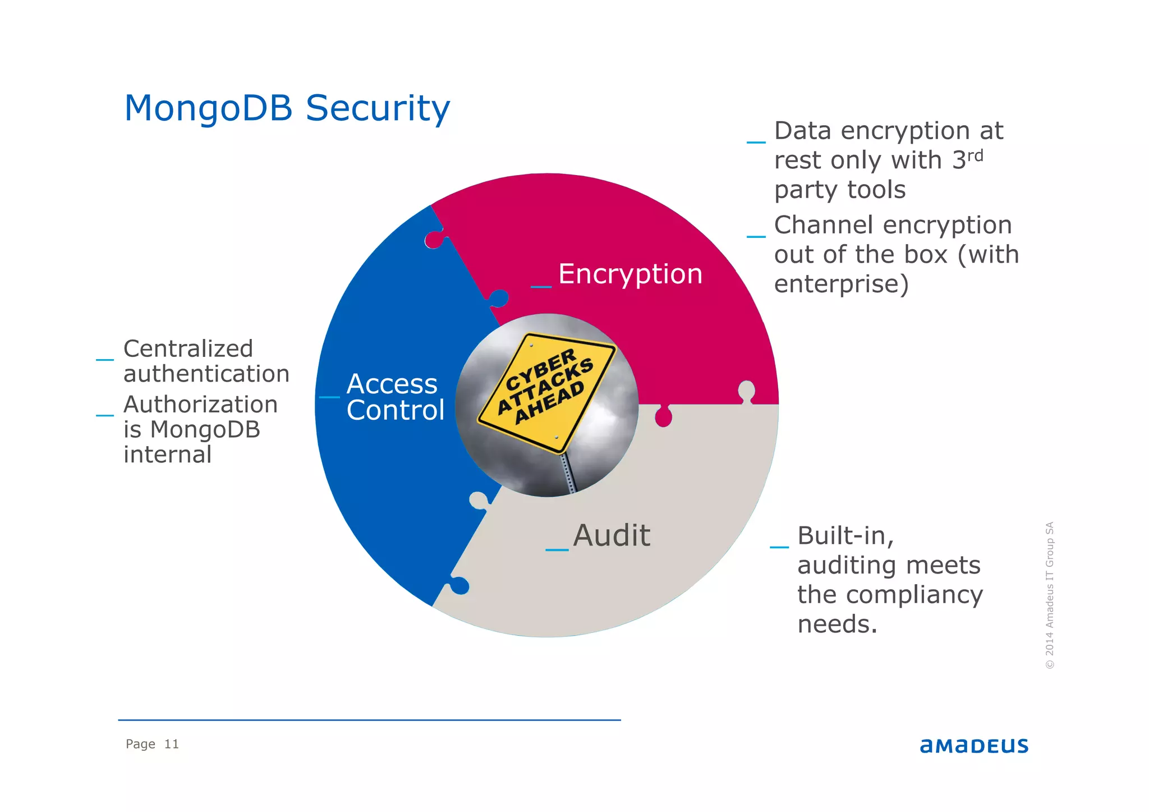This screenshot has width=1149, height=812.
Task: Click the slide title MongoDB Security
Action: (x=287, y=108)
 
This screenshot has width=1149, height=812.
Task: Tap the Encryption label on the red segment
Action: (x=630, y=274)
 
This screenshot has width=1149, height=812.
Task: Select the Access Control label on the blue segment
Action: (x=395, y=397)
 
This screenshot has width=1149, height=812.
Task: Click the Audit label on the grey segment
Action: (x=612, y=535)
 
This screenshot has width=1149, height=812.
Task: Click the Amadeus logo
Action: (x=973, y=746)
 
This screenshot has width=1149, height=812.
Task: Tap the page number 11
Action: (x=171, y=744)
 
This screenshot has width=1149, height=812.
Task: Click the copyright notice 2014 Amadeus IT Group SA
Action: (x=1050, y=595)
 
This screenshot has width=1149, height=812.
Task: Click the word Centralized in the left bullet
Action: (x=188, y=349)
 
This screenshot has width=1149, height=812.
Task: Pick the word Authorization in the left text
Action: (x=200, y=405)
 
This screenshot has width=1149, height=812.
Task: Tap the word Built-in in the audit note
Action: (x=845, y=536)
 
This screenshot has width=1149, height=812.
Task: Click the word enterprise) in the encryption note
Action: (x=841, y=285)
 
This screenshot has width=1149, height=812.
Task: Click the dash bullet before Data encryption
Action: (x=756, y=142)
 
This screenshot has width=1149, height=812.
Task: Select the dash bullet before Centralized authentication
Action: (x=105, y=359)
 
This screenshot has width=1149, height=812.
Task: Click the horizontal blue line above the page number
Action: (x=369, y=720)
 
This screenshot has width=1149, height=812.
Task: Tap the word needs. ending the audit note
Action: (x=837, y=625)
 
